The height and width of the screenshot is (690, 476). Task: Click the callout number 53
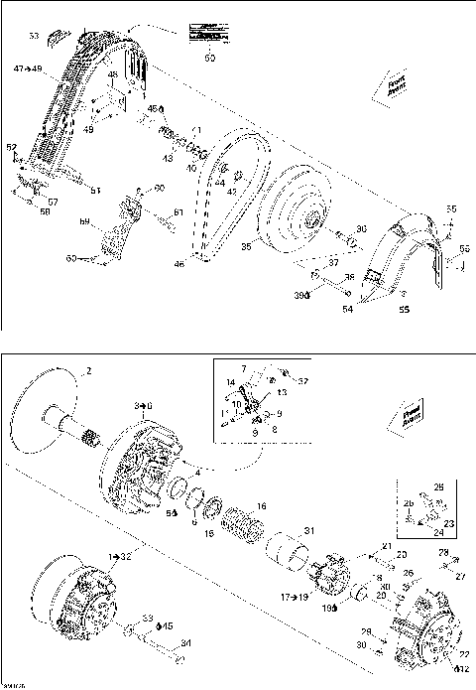33,35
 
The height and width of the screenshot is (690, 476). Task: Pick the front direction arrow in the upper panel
391,86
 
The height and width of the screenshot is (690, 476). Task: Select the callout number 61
178,211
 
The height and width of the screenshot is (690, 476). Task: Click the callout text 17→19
294,598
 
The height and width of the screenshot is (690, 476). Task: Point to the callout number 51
95,190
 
